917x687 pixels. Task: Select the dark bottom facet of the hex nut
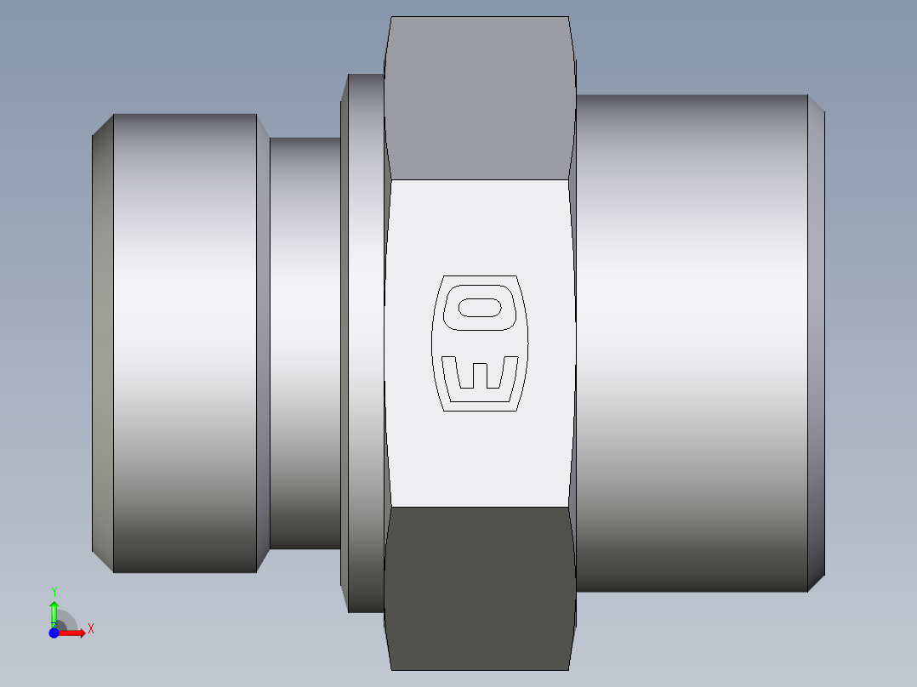coord(479,587)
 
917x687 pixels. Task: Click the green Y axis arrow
coord(54,611)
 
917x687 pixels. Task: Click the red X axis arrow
coord(75,633)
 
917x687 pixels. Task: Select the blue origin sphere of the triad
coord(54,633)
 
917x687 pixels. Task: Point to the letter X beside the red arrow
coord(90,629)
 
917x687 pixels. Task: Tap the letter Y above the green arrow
coord(54,591)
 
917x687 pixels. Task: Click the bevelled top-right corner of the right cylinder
coord(816,104)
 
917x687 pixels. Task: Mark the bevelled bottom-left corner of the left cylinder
coord(103,562)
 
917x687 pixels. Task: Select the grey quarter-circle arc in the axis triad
coord(68,620)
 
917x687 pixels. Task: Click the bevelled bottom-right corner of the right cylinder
coord(816,582)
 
